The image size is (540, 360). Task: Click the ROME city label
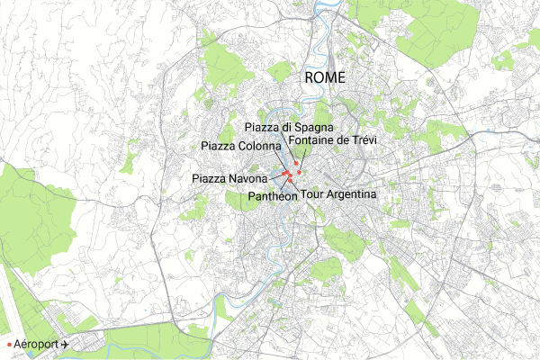click(x=325, y=78)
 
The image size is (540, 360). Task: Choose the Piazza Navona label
click(x=230, y=179)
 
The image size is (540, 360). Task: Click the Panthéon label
click(x=272, y=193)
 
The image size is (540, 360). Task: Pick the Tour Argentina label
click(x=338, y=193)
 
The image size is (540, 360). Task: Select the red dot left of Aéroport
click(x=8, y=345)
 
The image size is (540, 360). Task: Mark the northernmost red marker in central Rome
click(x=295, y=163)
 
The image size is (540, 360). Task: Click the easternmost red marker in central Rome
click(x=299, y=171)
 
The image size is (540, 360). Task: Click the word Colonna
click(x=260, y=146)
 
